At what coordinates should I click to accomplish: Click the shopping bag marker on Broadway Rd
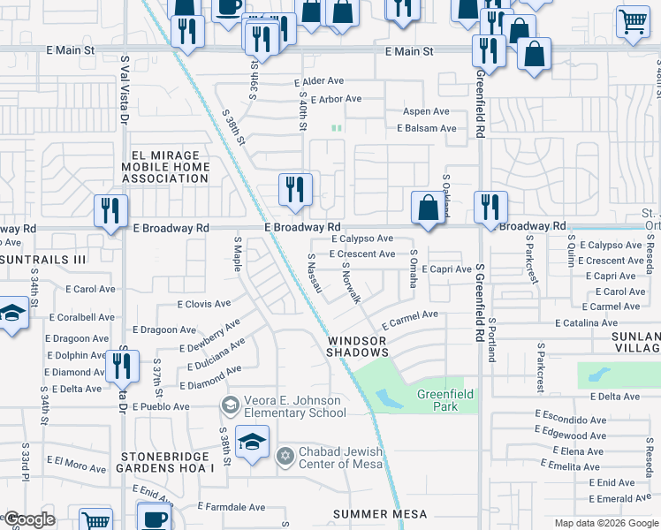tap(428, 209)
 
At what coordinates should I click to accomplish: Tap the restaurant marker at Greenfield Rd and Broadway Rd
tap(490, 208)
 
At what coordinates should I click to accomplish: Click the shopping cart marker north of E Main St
tap(633, 22)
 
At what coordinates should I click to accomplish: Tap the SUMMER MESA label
tap(380, 514)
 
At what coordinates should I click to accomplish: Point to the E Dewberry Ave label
tap(211, 341)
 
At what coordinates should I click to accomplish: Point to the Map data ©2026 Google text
tap(604, 523)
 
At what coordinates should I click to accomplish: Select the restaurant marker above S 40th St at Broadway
tap(295, 190)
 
